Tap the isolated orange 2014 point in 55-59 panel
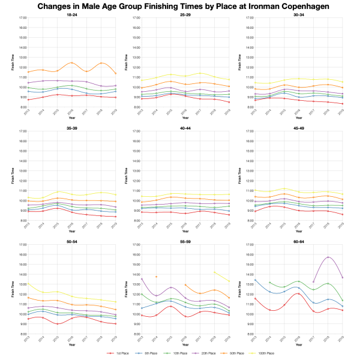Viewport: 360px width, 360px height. click(x=157, y=277)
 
